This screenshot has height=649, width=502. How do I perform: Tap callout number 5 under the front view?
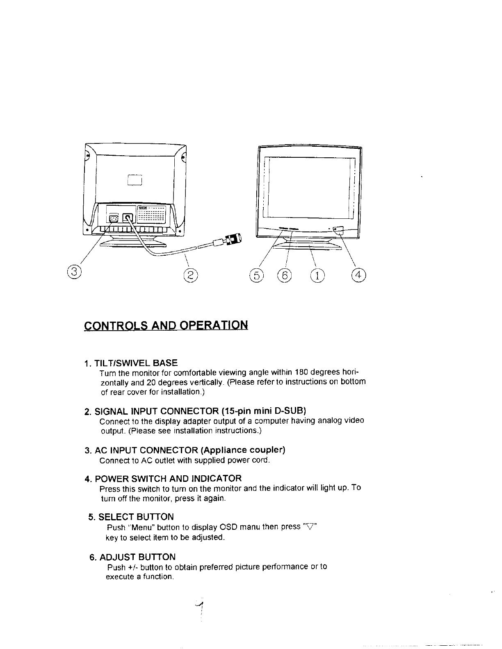256,276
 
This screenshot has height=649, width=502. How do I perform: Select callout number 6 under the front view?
284,276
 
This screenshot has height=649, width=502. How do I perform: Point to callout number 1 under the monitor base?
317,276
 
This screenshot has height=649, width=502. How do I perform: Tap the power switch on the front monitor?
339,230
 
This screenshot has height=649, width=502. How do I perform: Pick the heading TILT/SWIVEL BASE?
136,363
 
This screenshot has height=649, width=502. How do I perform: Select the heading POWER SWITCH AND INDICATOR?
168,479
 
